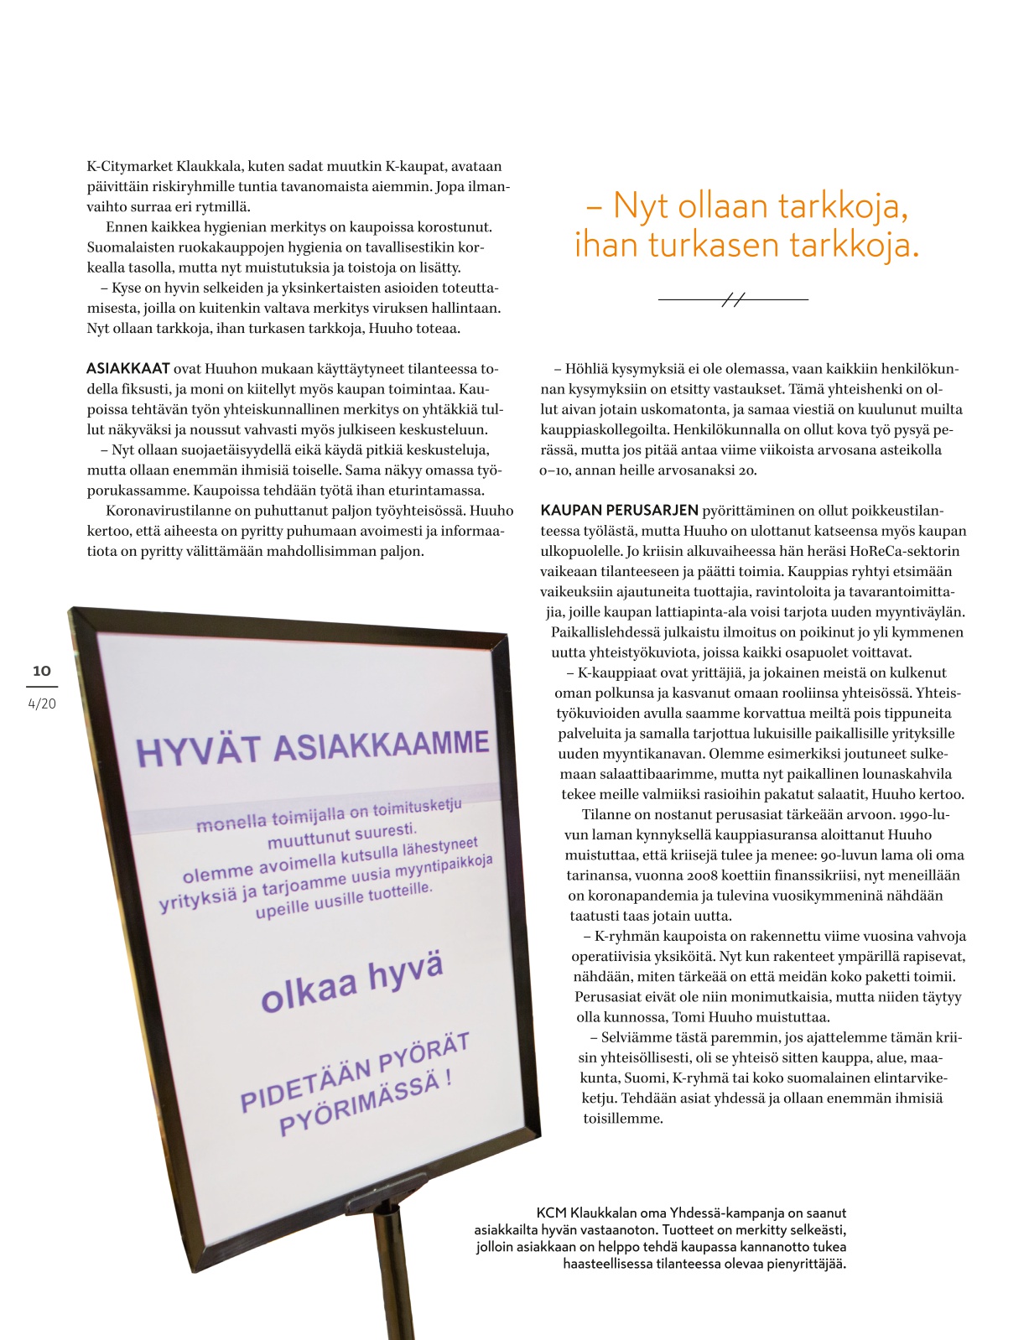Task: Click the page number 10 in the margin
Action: coord(41,671)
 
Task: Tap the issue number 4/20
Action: coord(42,704)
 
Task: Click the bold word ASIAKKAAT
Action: coord(128,369)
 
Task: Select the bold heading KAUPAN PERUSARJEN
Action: coord(619,511)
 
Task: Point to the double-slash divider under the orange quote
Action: coord(733,299)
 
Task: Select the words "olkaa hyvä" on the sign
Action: coord(351,984)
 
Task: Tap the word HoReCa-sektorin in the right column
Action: coord(906,552)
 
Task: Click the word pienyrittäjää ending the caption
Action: coord(806,1264)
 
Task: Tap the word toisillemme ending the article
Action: coord(623,1119)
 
